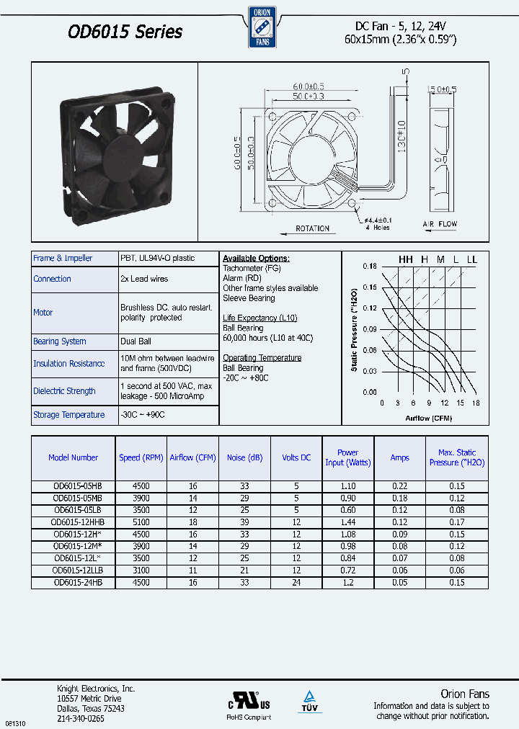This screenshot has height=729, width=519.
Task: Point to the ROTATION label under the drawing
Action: pyautogui.click(x=312, y=228)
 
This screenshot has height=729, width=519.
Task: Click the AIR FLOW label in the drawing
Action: pyautogui.click(x=440, y=224)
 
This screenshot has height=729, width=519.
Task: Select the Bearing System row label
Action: pyautogui.click(x=60, y=341)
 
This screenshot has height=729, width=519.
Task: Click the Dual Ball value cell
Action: pyautogui.click(x=136, y=341)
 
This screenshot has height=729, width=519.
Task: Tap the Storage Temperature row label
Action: pyautogui.click(x=69, y=415)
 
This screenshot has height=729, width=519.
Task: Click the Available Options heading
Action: pyautogui.click(x=256, y=259)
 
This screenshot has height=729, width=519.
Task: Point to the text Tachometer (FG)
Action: pyautogui.click(x=252, y=268)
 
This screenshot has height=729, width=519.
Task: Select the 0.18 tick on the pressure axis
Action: pyautogui.click(x=370, y=267)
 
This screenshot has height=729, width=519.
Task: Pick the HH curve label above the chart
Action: pyautogui.click(x=407, y=259)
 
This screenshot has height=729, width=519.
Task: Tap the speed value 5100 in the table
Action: pyautogui.click(x=141, y=522)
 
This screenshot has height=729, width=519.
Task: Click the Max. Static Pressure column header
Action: pyautogui.click(x=457, y=458)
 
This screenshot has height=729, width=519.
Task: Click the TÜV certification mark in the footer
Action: pyautogui.click(x=309, y=701)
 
